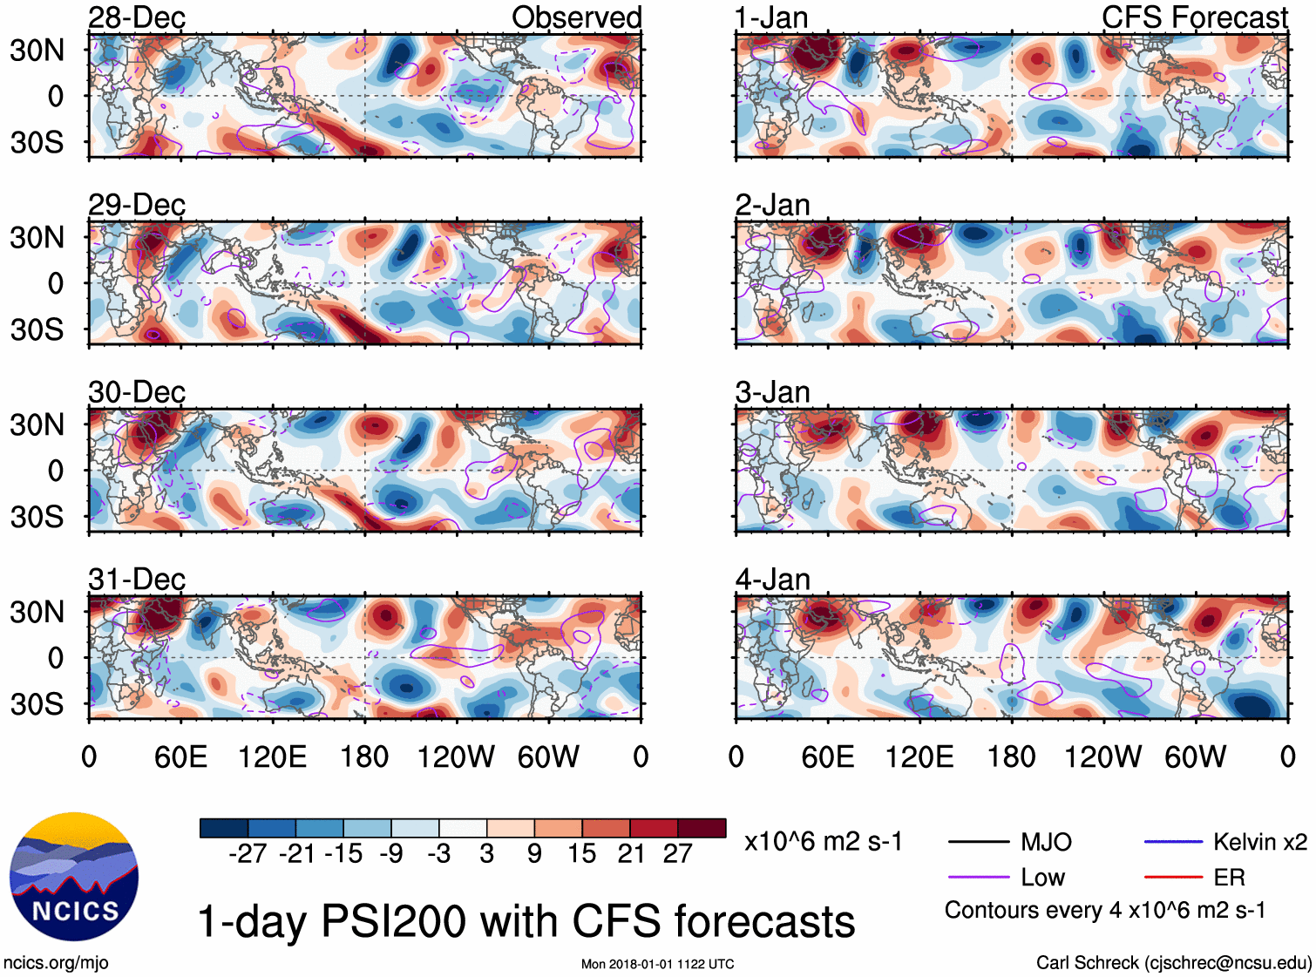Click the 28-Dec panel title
coord(137,17)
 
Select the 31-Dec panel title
coord(137,580)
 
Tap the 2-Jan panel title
coord(772,205)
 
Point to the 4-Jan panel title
coord(772,580)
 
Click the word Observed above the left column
coord(576,17)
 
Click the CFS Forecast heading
coord(1194,17)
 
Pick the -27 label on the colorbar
coord(248,854)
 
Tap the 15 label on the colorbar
coord(581,854)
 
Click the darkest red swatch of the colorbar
coord(702,828)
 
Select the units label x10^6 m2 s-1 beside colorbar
coord(824,842)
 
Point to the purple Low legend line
coord(978,877)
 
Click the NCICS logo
coord(74,877)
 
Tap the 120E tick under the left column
coord(273,756)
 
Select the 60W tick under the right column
coord(1195,756)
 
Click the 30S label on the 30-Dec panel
coord(37,517)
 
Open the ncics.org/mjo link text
coord(57,963)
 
